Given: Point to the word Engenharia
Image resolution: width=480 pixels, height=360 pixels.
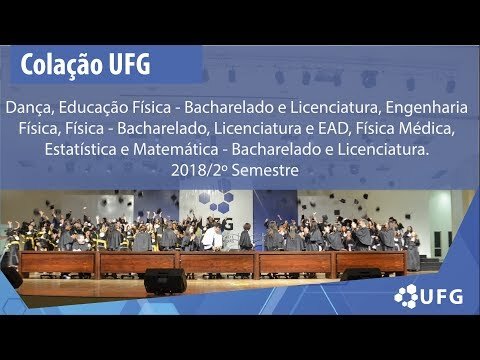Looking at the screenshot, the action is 427,108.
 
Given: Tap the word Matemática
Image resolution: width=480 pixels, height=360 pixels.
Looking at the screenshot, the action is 176,149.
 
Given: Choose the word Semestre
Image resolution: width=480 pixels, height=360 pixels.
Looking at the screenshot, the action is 265,170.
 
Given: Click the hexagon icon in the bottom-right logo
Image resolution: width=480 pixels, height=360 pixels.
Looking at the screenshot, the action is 406,296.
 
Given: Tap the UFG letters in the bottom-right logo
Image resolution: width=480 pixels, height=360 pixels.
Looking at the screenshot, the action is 442,297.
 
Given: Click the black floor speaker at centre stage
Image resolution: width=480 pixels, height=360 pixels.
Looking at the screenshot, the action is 165,281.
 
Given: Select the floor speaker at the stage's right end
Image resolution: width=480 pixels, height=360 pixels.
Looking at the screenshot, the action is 361,274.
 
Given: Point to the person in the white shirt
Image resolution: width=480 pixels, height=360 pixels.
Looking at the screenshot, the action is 212,238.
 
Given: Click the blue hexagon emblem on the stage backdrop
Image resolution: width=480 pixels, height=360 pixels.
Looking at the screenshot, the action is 216,203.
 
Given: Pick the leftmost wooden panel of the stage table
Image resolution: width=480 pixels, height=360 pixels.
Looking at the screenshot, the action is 59,263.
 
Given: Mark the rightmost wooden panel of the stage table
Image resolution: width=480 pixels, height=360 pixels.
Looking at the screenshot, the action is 371,263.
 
